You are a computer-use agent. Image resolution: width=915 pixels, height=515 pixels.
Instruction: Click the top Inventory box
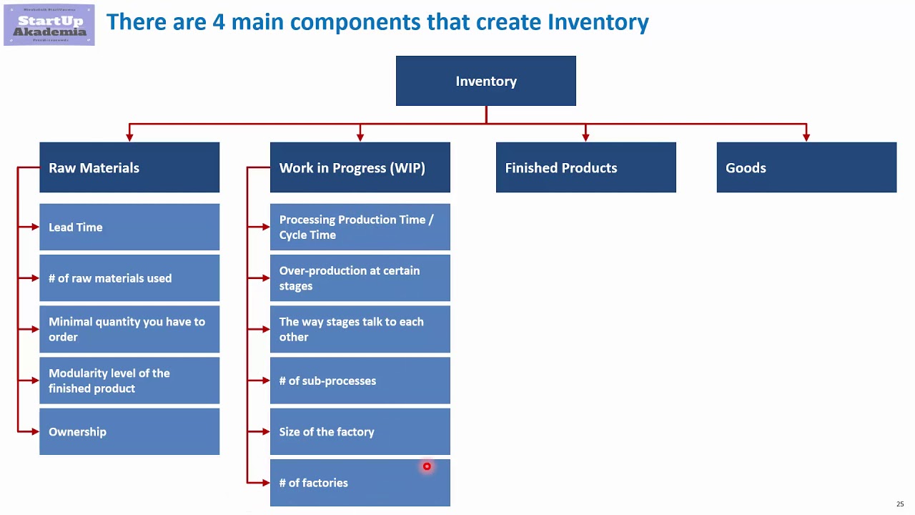485,81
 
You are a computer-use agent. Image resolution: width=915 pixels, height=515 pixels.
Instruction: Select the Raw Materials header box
129,167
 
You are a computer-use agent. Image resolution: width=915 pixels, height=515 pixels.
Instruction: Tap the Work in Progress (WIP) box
360,167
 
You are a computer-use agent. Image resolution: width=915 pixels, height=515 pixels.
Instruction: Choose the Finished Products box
585,167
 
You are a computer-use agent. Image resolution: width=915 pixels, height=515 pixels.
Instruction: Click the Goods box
806,167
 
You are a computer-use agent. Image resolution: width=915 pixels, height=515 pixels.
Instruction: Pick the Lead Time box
129,227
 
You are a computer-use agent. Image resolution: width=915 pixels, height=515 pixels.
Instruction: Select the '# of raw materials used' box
129,278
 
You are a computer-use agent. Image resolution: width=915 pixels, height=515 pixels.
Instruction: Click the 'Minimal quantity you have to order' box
129,329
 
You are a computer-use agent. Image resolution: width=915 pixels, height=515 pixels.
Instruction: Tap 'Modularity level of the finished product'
129,381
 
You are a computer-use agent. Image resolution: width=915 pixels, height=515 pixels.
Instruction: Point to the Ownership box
129,431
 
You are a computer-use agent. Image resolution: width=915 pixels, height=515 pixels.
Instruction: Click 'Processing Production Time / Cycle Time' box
360,227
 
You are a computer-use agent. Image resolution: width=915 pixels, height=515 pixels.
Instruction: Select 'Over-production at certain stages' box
360,278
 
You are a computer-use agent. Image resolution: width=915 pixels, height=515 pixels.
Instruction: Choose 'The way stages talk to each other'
360,329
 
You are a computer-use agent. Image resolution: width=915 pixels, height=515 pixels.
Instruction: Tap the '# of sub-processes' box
360,381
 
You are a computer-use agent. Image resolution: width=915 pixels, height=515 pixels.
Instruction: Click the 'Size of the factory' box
360,431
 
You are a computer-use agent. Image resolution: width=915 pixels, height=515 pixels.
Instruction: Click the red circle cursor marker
427,466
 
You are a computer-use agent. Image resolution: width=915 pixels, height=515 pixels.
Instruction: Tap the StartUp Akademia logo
49,25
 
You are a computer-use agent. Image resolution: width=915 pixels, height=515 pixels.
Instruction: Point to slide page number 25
900,504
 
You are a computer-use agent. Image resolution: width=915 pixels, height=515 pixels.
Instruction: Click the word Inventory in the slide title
598,22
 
